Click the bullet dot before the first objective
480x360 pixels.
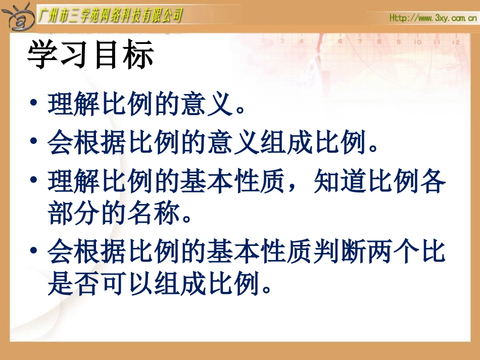click(x=33, y=103)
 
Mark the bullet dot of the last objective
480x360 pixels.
click(x=33, y=251)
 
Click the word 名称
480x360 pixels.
click(x=154, y=214)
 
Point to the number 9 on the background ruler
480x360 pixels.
click(x=398, y=42)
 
